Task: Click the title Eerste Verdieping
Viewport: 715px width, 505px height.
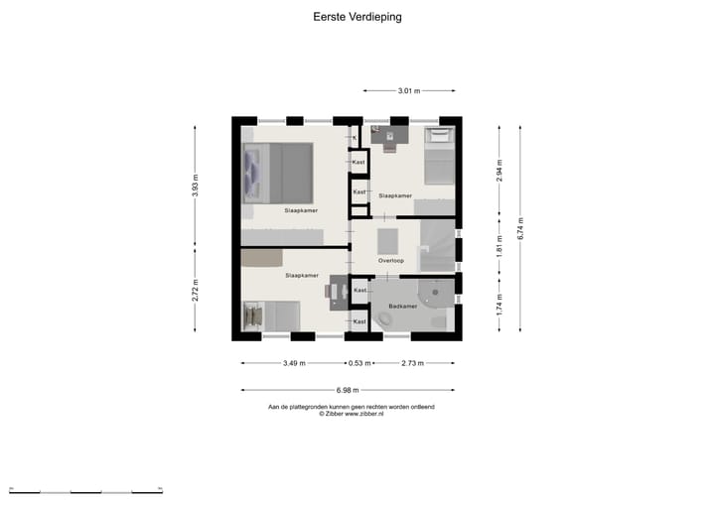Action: pyautogui.click(x=357, y=17)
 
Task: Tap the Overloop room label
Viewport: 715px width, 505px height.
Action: pyautogui.click(x=390, y=261)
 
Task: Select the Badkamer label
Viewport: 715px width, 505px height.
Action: pyautogui.click(x=402, y=307)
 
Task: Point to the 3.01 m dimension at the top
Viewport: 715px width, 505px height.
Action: pyautogui.click(x=409, y=91)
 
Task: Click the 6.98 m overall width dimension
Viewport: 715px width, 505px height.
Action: pyautogui.click(x=347, y=390)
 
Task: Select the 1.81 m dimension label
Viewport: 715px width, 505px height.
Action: pyautogui.click(x=500, y=244)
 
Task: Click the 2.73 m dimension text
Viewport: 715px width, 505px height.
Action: pyautogui.click(x=412, y=363)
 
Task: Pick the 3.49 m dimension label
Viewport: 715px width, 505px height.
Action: pyautogui.click(x=293, y=363)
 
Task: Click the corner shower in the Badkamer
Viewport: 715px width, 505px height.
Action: pyautogui.click(x=438, y=293)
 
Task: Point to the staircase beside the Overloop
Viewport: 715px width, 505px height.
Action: pyautogui.click(x=436, y=246)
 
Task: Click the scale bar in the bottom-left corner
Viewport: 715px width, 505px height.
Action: pyautogui.click(x=85, y=491)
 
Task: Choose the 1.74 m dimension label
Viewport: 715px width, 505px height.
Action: pyautogui.click(x=500, y=303)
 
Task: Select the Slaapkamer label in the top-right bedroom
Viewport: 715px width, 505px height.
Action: pyautogui.click(x=395, y=195)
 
